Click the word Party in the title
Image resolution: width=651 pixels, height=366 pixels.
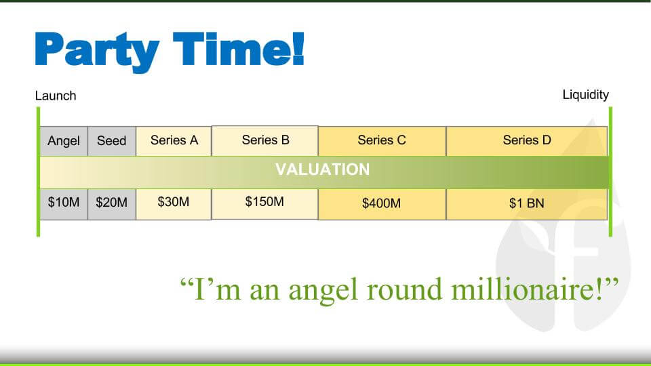[x=97, y=52]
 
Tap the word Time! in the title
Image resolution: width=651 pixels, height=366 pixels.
[x=239, y=49]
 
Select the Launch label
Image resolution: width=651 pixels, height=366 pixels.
[x=56, y=96]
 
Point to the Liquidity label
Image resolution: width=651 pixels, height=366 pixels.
[x=585, y=95]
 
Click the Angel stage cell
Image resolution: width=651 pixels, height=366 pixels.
[x=64, y=141]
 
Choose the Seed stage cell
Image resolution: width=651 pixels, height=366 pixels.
[x=112, y=141]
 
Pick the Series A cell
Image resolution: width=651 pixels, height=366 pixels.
[x=174, y=141]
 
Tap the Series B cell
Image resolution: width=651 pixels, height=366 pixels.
[x=265, y=141]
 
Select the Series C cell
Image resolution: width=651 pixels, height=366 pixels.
[x=382, y=141]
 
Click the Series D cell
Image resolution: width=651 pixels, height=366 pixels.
[x=527, y=141]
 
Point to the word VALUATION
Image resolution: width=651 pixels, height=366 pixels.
[x=323, y=169]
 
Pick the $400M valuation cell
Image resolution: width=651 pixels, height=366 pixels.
[x=382, y=204]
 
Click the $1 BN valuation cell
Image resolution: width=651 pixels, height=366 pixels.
[x=527, y=204]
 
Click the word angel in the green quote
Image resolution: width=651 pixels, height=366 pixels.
[x=323, y=291]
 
